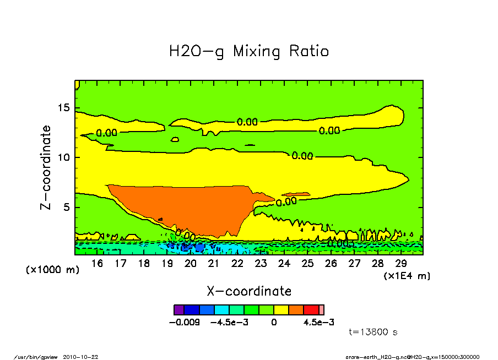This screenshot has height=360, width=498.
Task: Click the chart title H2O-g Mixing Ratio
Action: pyautogui.click(x=248, y=52)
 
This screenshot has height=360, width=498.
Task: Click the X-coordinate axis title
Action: pyautogui.click(x=248, y=291)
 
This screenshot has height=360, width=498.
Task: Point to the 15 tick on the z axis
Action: pyautogui.click(x=64, y=107)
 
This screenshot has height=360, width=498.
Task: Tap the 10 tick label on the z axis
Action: pyautogui.click(x=64, y=157)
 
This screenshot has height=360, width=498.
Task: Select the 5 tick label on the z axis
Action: pyautogui.click(x=67, y=208)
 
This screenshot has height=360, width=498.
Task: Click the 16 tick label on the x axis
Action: pyautogui.click(x=98, y=264)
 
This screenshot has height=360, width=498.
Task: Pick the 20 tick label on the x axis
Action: pyautogui.click(x=191, y=264)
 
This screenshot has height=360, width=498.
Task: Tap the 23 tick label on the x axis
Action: pyautogui.click(x=261, y=264)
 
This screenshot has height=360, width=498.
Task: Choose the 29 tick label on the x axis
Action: pyautogui.click(x=400, y=264)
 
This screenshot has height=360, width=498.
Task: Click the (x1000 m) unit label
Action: pyautogui.click(x=52, y=270)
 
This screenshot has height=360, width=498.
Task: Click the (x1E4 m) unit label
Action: pyautogui.click(x=407, y=275)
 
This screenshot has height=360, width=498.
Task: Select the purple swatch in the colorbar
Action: pyautogui.click(x=178, y=310)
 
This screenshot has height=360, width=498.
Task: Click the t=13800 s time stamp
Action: pyautogui.click(x=373, y=332)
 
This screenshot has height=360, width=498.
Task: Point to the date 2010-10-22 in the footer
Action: pyautogui.click(x=84, y=357)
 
